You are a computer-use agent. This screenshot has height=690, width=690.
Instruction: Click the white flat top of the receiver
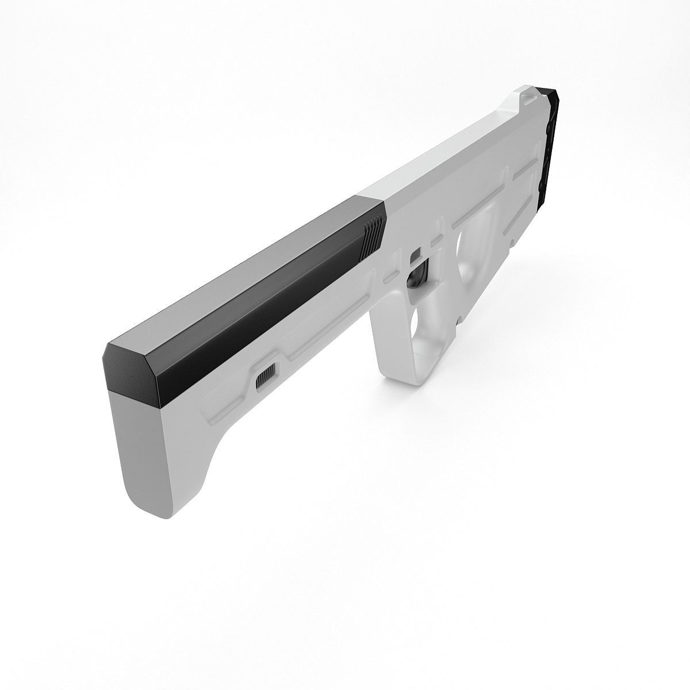[454, 144]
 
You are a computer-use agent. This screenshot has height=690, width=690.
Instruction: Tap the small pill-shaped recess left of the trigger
[390, 278]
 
